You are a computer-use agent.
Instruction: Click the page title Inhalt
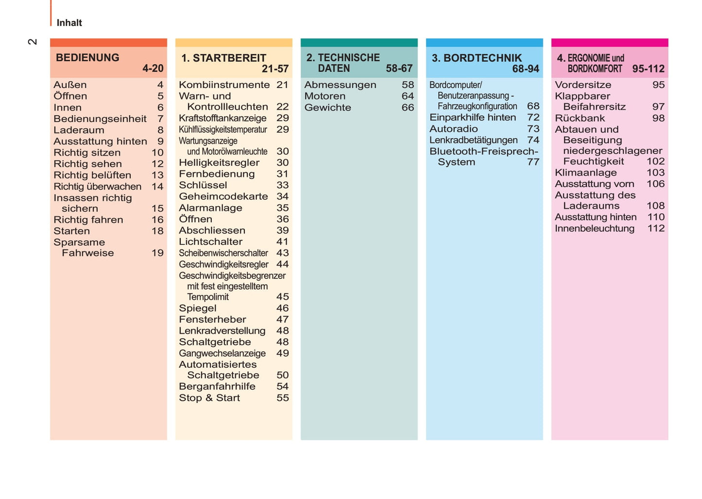69,23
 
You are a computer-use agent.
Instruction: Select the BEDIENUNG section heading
87,58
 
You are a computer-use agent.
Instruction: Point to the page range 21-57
275,69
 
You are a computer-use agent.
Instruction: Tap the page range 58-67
399,69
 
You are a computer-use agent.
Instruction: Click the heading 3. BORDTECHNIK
477,58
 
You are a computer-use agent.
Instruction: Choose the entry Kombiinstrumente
224,85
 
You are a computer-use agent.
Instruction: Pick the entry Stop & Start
209,398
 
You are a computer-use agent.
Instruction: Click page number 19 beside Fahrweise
157,253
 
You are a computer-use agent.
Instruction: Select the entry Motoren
325,96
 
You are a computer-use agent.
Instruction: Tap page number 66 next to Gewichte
408,107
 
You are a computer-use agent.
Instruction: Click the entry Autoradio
454,129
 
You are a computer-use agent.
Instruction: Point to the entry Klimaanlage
585,173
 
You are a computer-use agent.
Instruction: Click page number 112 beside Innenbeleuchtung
656,229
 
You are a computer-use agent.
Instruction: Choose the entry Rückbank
580,118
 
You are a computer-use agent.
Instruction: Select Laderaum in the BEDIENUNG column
79,130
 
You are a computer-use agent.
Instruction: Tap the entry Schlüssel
203,185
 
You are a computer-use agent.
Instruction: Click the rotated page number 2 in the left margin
32,42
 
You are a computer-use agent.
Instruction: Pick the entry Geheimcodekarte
223,196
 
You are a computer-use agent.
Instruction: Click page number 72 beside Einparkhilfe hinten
533,117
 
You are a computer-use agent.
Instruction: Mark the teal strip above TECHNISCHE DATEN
359,43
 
